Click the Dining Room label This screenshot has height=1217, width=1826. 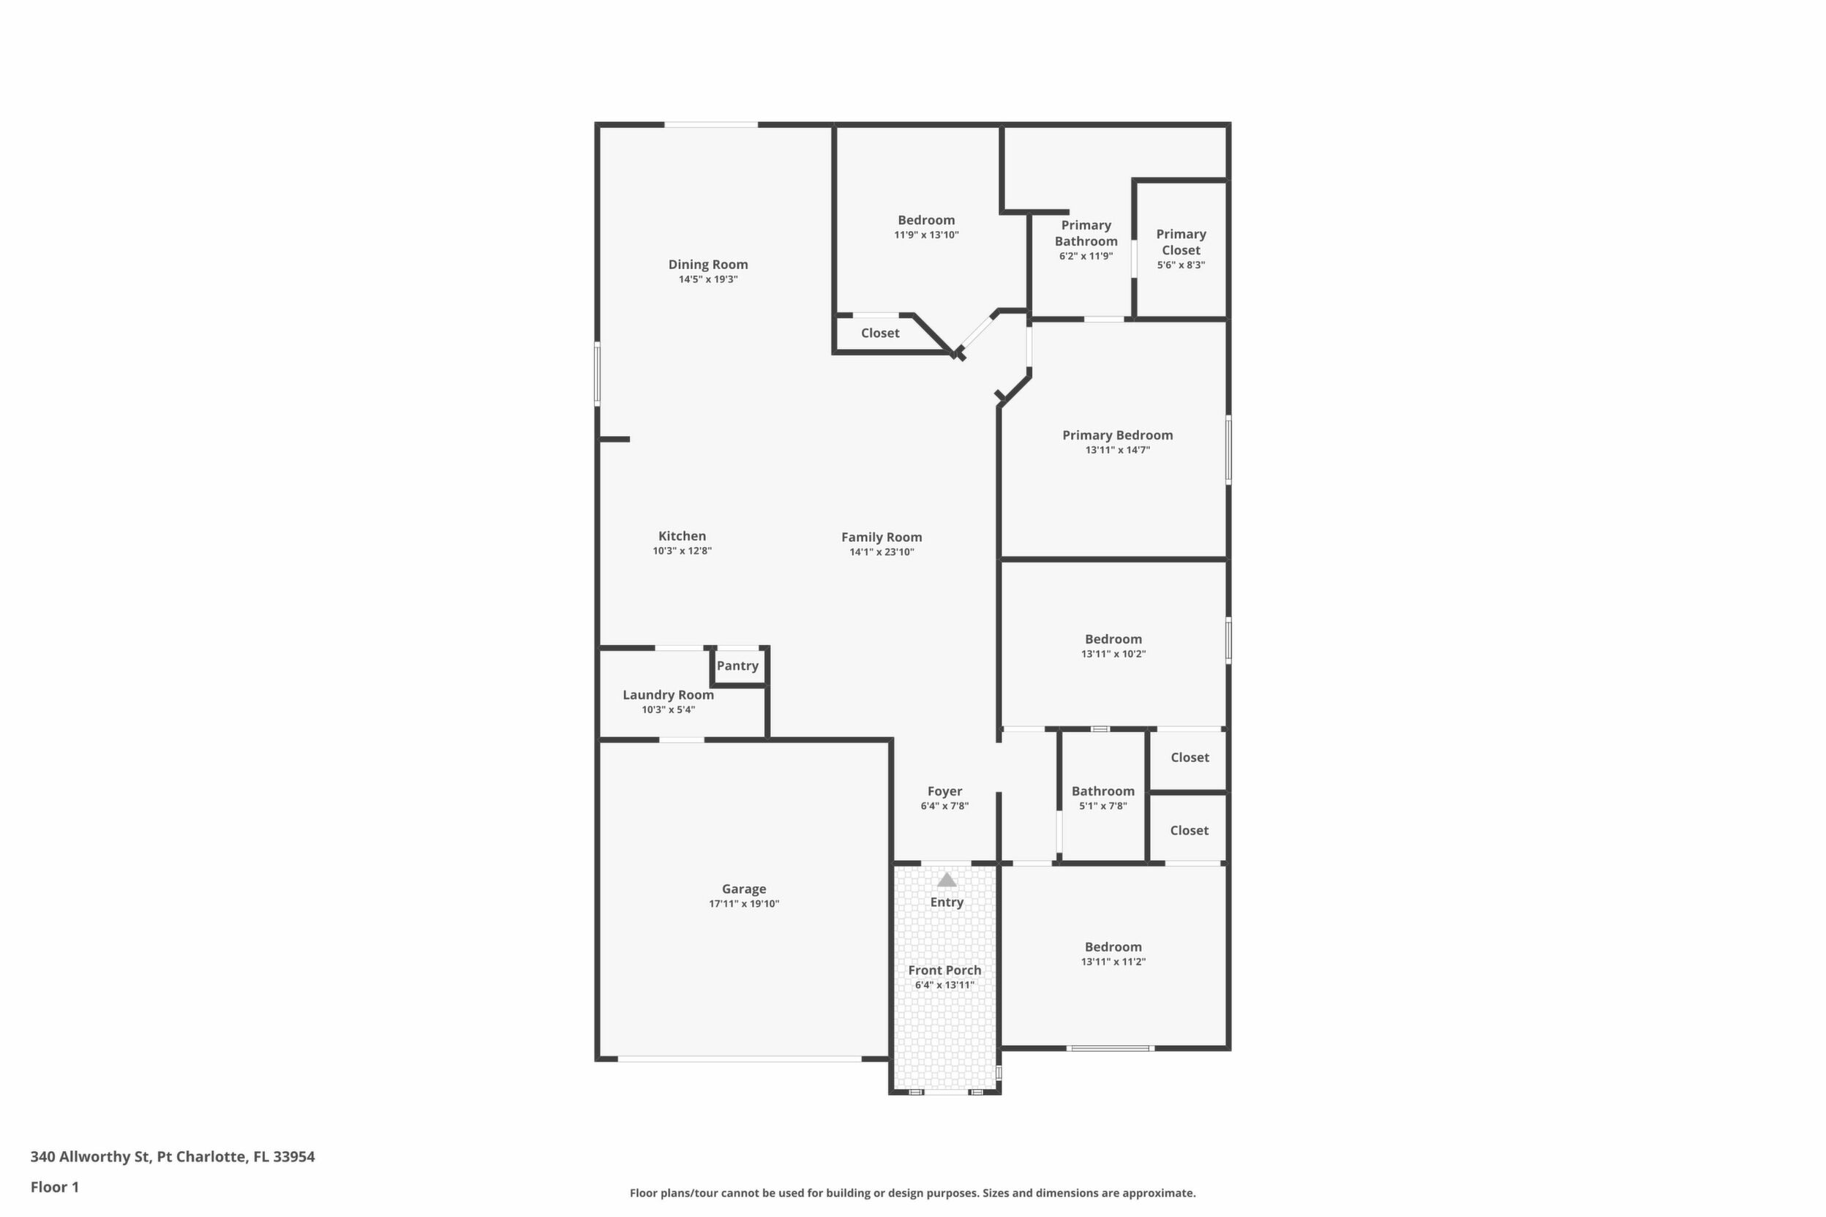708,265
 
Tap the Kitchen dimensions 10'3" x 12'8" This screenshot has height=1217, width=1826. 683,551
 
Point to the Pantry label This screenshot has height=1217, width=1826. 737,666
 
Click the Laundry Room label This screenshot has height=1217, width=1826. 669,696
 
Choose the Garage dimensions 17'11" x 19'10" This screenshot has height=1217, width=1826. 744,903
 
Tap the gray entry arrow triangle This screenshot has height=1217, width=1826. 947,879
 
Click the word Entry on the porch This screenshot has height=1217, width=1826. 947,902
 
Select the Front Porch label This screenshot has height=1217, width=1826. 945,971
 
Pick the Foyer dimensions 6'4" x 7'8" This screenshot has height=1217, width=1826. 945,806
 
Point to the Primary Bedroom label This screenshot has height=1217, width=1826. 1118,435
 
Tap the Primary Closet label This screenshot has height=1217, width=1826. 1181,242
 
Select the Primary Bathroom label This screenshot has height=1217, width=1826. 1086,233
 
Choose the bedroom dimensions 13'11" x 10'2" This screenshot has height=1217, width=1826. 1113,654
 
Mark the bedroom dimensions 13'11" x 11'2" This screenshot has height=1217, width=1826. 1113,962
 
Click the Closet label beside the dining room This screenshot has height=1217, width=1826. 880,333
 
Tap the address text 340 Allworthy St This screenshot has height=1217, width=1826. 90,1156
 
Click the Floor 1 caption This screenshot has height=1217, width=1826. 54,1187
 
